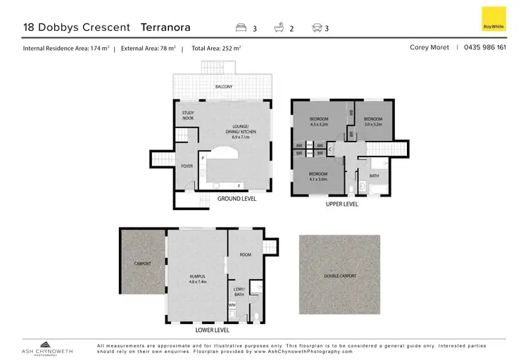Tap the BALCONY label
[x=223, y=87]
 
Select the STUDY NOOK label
[x=188, y=116]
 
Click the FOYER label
[x=187, y=166]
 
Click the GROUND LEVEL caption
[x=237, y=199]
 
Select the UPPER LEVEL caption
[x=341, y=204]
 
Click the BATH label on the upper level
[x=374, y=175]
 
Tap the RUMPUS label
[x=198, y=277]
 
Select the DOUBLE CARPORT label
[x=339, y=275]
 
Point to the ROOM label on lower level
[x=245, y=254]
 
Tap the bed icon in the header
[x=241, y=28]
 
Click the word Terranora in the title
[x=166, y=27]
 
